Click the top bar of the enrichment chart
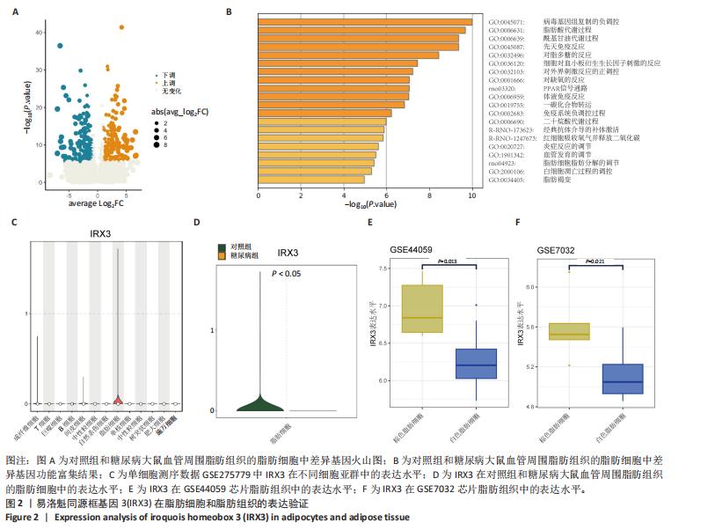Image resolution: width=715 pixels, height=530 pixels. [x=366, y=19]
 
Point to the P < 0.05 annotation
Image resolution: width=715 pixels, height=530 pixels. [x=286, y=274]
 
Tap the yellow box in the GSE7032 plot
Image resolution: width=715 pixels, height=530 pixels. [x=569, y=331]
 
